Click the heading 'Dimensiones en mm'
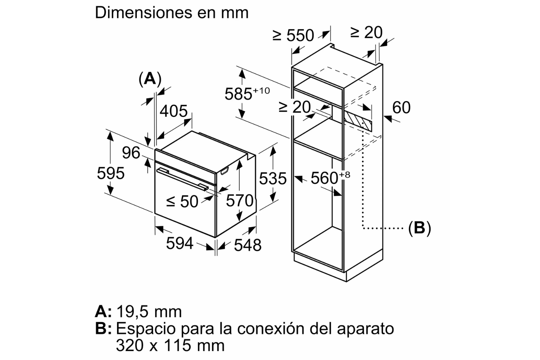[x=172, y=13]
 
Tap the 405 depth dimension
[x=174, y=111]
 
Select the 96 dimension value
[x=131, y=153]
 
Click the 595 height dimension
[x=111, y=174]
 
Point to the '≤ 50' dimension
[x=182, y=202]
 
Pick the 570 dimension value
[x=240, y=201]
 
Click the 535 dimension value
[x=273, y=178]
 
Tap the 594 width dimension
[x=180, y=243]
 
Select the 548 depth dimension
[x=248, y=245]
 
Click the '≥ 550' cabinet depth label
[x=293, y=35]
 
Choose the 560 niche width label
[x=330, y=178]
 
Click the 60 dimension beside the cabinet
[x=401, y=108]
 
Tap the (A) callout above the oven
[x=150, y=79]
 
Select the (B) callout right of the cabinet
[x=419, y=228]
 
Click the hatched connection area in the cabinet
[x=358, y=121]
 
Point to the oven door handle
[x=182, y=179]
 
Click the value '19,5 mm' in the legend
[x=149, y=311]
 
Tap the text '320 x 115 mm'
[x=170, y=345]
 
